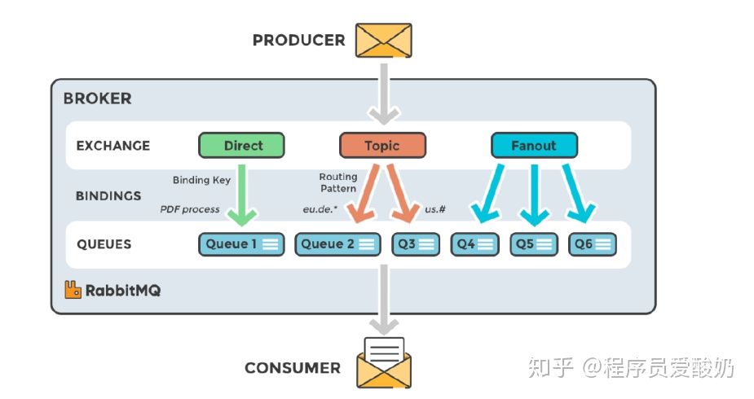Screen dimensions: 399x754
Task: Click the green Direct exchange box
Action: (242, 146)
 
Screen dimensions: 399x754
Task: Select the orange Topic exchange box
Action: (381, 146)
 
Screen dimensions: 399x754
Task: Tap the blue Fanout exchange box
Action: (534, 146)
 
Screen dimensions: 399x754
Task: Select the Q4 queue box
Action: (475, 244)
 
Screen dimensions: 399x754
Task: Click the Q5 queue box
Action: (534, 244)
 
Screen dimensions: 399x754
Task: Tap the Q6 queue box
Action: (593, 244)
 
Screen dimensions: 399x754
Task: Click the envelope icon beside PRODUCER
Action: (384, 40)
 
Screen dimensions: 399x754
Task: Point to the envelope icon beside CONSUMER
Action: (384, 363)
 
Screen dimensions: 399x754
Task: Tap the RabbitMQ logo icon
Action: (73, 289)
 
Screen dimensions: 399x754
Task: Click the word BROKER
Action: (97, 99)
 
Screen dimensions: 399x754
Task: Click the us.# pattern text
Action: (436, 210)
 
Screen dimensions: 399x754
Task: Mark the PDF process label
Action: (190, 209)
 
